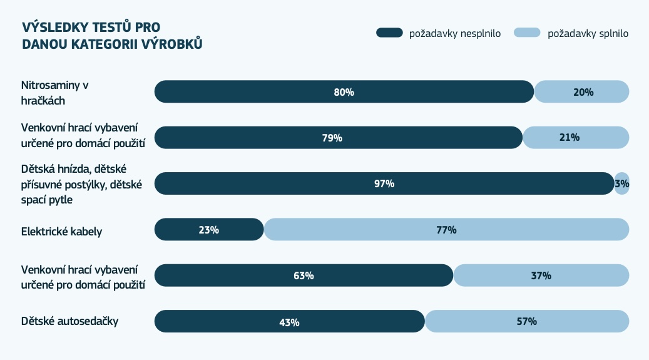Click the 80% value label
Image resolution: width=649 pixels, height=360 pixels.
(x=344, y=92)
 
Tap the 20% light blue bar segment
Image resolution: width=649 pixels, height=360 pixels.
(x=582, y=92)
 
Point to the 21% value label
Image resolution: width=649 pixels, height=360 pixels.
(x=570, y=138)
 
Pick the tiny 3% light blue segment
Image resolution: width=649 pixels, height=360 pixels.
(x=621, y=183)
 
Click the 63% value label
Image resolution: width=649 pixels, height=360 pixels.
(x=304, y=275)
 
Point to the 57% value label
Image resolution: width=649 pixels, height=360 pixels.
(x=527, y=322)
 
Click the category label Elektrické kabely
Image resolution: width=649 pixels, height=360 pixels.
(x=61, y=232)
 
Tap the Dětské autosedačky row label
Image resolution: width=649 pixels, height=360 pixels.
(x=69, y=322)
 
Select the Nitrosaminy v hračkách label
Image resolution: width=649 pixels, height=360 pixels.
(x=56, y=92)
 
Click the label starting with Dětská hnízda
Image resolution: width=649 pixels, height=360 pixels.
(x=82, y=183)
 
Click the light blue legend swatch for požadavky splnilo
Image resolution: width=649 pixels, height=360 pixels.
(x=527, y=33)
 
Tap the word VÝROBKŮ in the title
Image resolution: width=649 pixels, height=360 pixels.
(x=175, y=44)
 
